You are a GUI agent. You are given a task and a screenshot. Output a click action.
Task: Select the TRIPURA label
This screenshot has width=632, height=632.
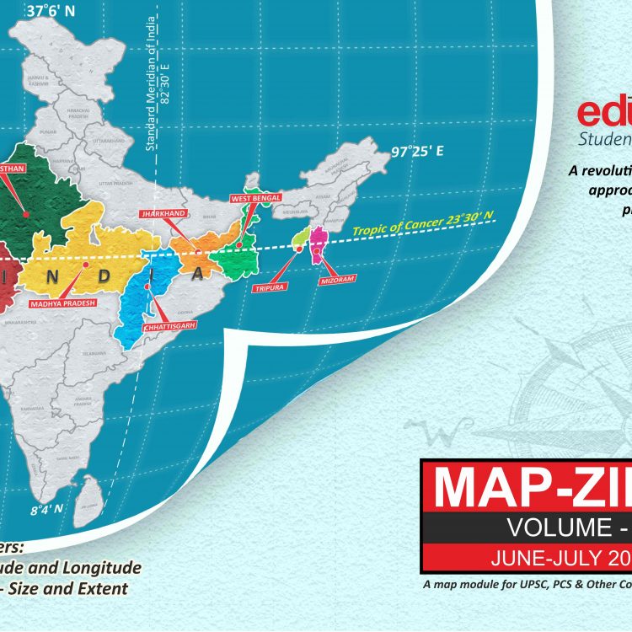coord(269,287)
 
